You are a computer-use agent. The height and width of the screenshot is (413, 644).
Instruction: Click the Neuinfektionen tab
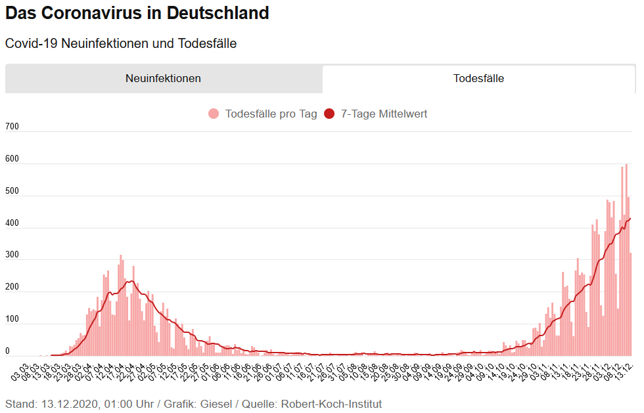(163, 78)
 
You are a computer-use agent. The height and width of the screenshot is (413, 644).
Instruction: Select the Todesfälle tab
(478, 78)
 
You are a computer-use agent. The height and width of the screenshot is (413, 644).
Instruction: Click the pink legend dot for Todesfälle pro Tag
(214, 114)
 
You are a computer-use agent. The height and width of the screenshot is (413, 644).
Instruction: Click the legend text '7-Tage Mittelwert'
(384, 114)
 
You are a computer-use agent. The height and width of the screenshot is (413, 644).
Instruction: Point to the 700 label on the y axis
(12, 126)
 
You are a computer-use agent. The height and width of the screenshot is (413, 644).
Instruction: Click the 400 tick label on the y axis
(12, 223)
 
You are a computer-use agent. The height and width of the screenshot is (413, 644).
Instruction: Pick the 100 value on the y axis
(12, 320)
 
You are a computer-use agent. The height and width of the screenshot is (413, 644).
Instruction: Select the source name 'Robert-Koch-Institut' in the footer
(331, 404)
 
